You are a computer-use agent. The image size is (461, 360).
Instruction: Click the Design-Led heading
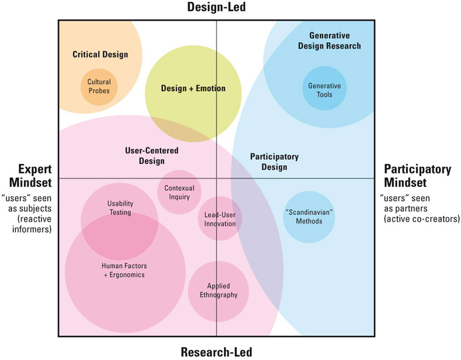pyautogui.click(x=216, y=7)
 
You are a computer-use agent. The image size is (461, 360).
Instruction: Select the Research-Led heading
pyautogui.click(x=216, y=352)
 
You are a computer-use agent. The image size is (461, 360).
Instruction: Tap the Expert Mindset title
pyautogui.click(x=30, y=176)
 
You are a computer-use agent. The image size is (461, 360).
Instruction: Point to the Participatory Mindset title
pyautogui.click(x=417, y=176)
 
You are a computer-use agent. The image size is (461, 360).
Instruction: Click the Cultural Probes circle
pyautogui.click(x=99, y=87)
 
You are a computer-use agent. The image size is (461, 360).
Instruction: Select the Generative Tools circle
pyautogui.click(x=324, y=88)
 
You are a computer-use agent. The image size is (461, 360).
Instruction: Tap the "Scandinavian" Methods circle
pyautogui.click(x=309, y=217)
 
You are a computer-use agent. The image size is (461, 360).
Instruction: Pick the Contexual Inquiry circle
pyautogui.click(x=179, y=192)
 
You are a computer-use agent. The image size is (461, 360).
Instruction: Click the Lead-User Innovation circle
pyautogui.click(x=220, y=218)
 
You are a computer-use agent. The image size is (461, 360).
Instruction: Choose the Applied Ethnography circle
pyautogui.click(x=219, y=291)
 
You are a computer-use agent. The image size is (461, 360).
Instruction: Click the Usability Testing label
pyautogui.click(x=120, y=208)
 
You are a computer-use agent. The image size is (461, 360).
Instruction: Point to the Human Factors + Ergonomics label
pyautogui.click(x=125, y=270)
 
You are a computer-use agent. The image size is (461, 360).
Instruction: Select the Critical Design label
pyautogui.click(x=100, y=54)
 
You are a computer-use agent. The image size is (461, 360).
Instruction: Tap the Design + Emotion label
pyautogui.click(x=193, y=88)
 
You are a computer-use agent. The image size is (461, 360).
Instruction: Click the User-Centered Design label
pyautogui.click(x=152, y=156)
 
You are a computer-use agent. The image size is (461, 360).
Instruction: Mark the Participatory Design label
pyautogui.click(x=274, y=161)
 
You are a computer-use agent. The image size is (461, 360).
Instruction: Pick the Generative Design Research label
pyautogui.click(x=329, y=40)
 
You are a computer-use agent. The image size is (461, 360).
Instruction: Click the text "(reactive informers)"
pyautogui.click(x=32, y=224)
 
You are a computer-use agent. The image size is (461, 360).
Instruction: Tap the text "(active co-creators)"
pyautogui.click(x=422, y=219)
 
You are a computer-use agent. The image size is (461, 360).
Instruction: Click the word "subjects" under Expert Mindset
pyautogui.click(x=35, y=208)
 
